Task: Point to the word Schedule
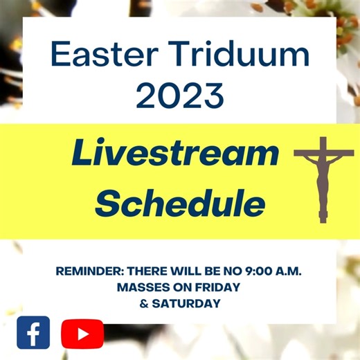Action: click(180, 204)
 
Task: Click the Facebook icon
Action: click(33, 333)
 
